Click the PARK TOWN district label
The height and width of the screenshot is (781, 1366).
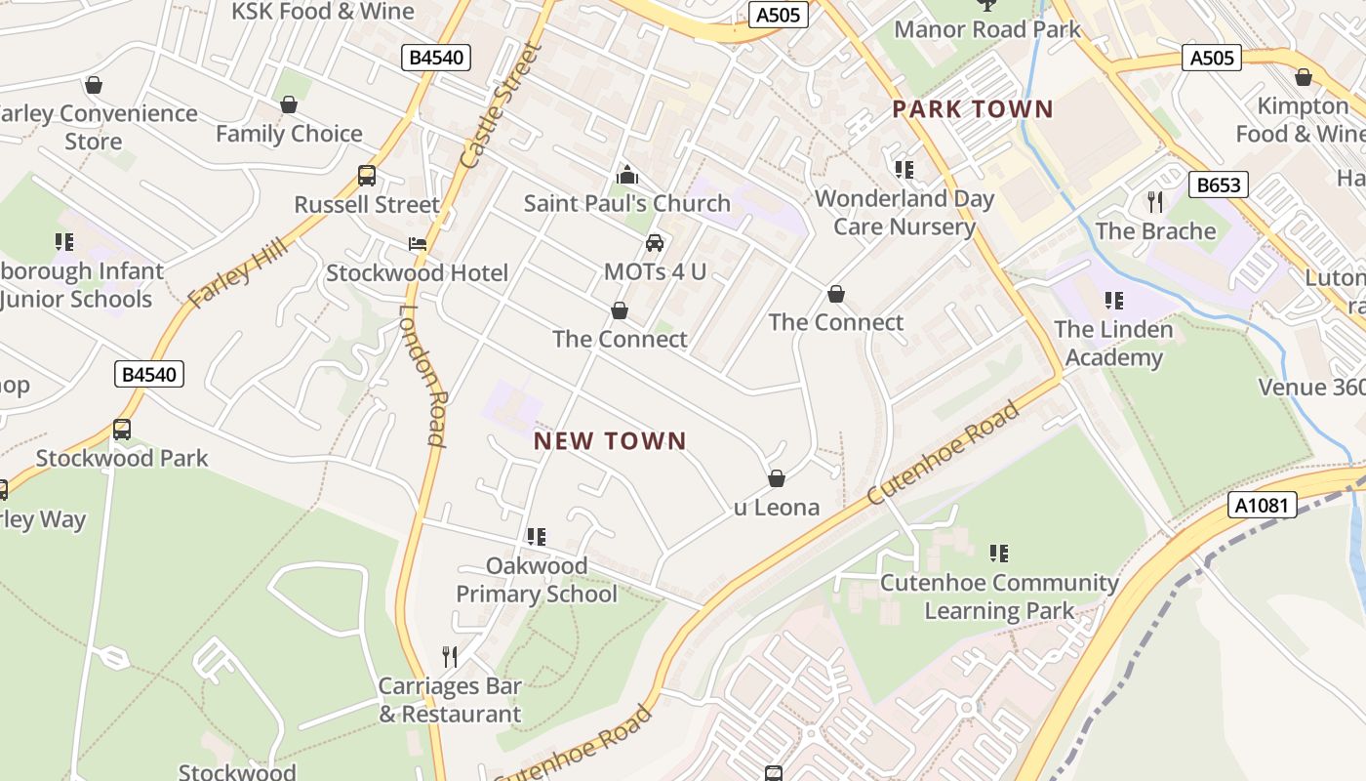tap(973, 108)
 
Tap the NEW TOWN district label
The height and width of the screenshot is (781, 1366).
tap(610, 441)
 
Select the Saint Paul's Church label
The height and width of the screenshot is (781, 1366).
tap(626, 203)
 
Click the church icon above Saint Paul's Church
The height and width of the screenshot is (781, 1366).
tap(627, 176)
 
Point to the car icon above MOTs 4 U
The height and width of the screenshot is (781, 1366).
tap(655, 243)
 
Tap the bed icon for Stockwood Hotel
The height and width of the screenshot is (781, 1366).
tap(418, 244)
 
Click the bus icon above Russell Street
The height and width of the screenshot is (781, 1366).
tap(367, 176)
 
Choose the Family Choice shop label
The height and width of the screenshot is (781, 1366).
tap(289, 134)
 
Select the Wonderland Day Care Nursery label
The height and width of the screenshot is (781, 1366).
tap(904, 213)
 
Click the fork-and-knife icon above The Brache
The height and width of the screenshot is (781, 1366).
tap(1155, 202)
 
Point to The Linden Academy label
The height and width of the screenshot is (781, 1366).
tap(1113, 343)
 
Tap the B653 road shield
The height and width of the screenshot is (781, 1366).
tap(1219, 185)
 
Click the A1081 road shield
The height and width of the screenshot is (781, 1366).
tap(1262, 505)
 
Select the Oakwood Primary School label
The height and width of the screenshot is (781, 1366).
tap(537, 580)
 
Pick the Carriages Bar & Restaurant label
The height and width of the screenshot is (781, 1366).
tap(450, 700)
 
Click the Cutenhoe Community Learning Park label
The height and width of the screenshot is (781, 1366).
tap(999, 596)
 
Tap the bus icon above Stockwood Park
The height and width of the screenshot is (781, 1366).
tap(122, 430)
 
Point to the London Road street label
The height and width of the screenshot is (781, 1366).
tap(422, 376)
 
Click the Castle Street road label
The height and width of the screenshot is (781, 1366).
tap(500, 105)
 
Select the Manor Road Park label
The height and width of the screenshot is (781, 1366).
tap(987, 29)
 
